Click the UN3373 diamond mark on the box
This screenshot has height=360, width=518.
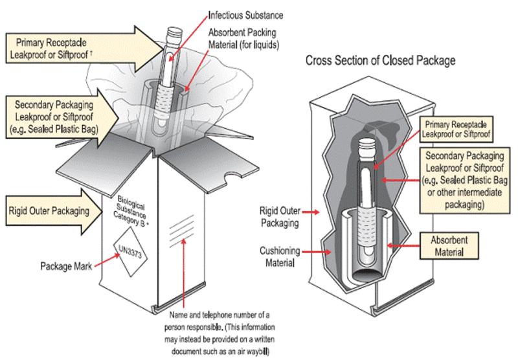tap(133, 250)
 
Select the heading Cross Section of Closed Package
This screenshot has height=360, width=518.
tap(381, 61)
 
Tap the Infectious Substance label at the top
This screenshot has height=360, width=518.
tap(246, 15)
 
